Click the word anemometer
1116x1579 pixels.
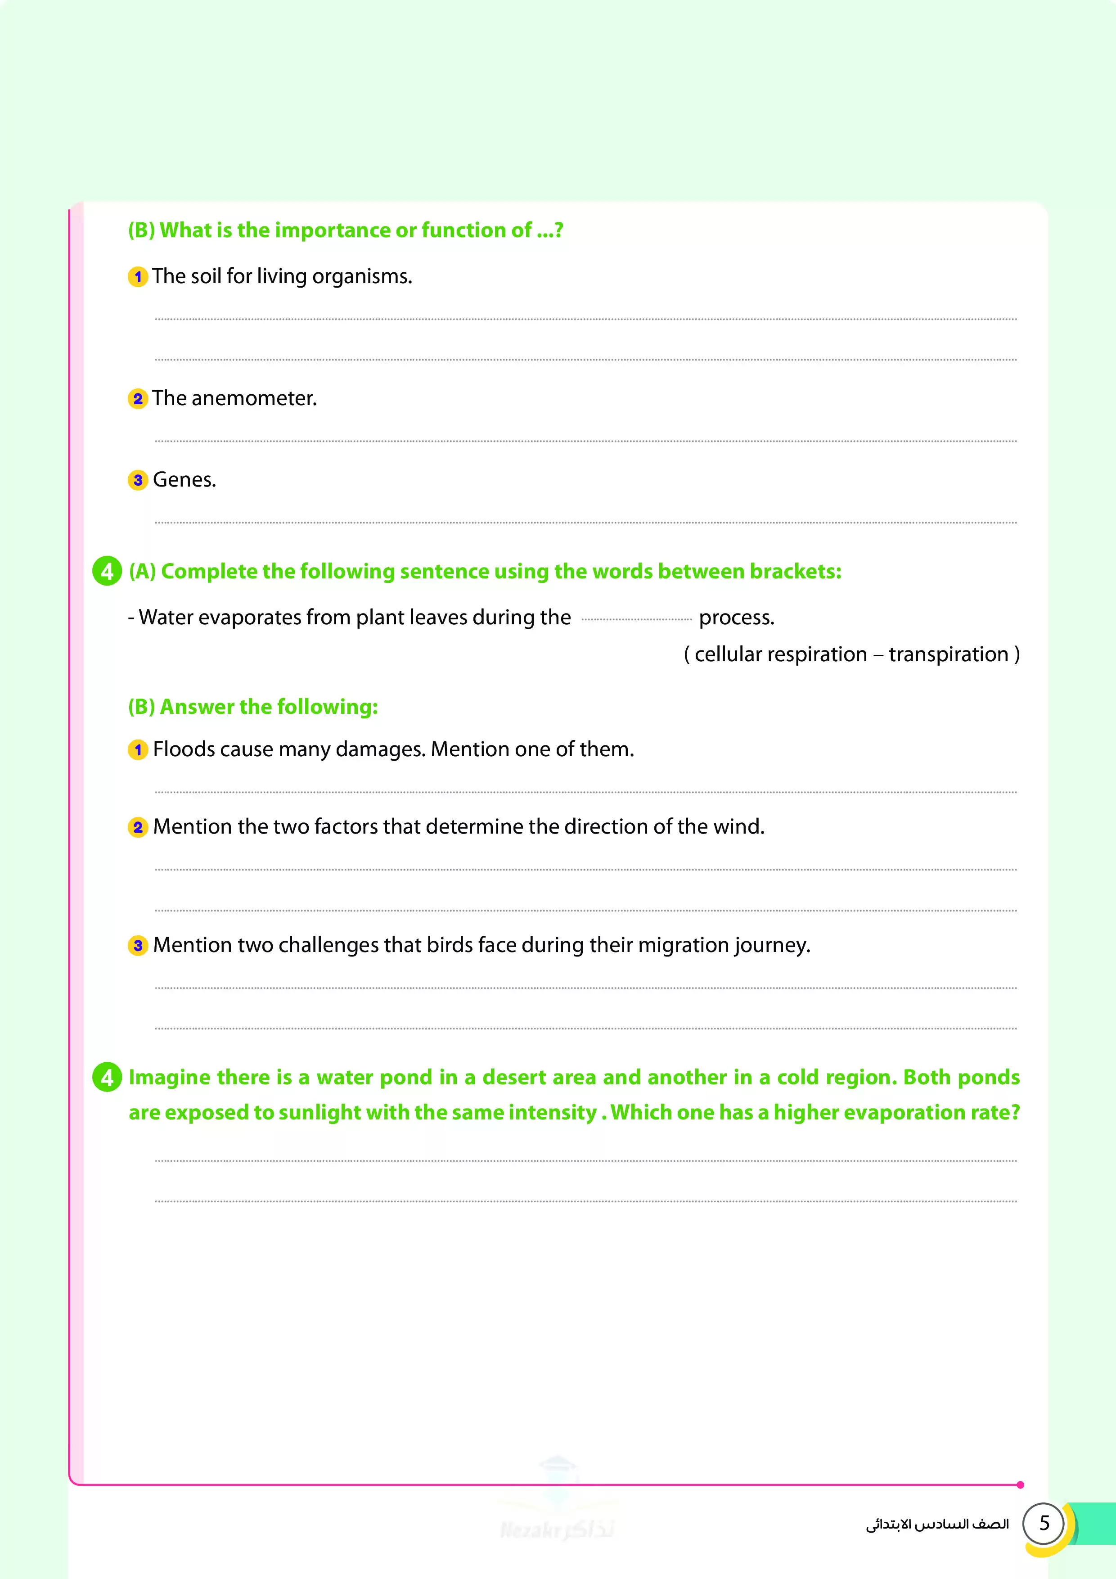tap(254, 399)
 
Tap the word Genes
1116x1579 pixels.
tap(184, 480)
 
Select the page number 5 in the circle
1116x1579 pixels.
tap(1044, 1523)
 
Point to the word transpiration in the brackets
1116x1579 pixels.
tap(948, 654)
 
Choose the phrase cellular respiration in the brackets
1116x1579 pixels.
tap(780, 654)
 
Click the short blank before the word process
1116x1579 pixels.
tap(636, 619)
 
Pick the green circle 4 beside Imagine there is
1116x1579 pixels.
tap(107, 1077)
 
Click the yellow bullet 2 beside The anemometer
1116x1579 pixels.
tap(138, 399)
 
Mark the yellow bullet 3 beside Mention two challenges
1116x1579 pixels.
tap(138, 946)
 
